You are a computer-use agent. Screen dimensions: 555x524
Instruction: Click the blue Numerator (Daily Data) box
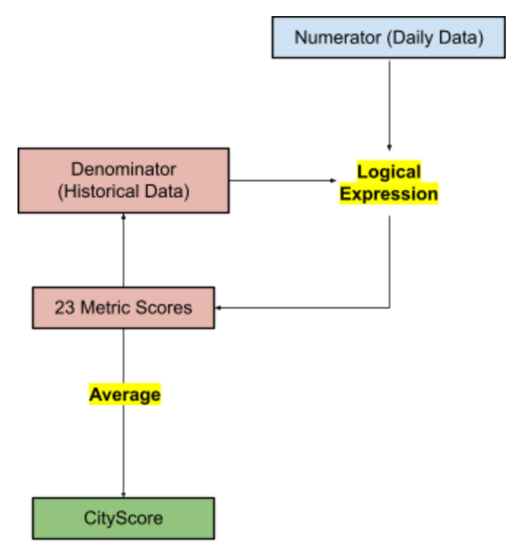coord(389,37)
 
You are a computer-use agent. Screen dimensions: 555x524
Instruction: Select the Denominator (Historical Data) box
coord(124,181)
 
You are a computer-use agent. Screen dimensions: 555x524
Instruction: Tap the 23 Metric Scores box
coord(124,308)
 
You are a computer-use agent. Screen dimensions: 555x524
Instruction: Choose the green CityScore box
coord(124,518)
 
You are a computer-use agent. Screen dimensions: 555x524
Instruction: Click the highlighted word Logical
coord(389,173)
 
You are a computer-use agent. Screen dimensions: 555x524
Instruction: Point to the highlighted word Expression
coord(389,195)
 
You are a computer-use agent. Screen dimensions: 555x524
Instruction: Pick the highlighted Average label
coord(124,395)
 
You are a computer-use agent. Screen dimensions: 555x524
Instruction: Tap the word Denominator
coord(124,170)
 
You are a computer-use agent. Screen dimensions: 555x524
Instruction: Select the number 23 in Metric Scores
coord(64,308)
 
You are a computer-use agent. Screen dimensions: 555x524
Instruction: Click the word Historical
coord(107,192)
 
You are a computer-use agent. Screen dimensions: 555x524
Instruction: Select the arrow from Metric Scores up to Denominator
coord(124,249)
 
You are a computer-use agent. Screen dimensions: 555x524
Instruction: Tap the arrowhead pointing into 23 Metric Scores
coord(218,308)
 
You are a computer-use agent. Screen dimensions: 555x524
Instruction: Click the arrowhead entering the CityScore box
coord(124,494)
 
